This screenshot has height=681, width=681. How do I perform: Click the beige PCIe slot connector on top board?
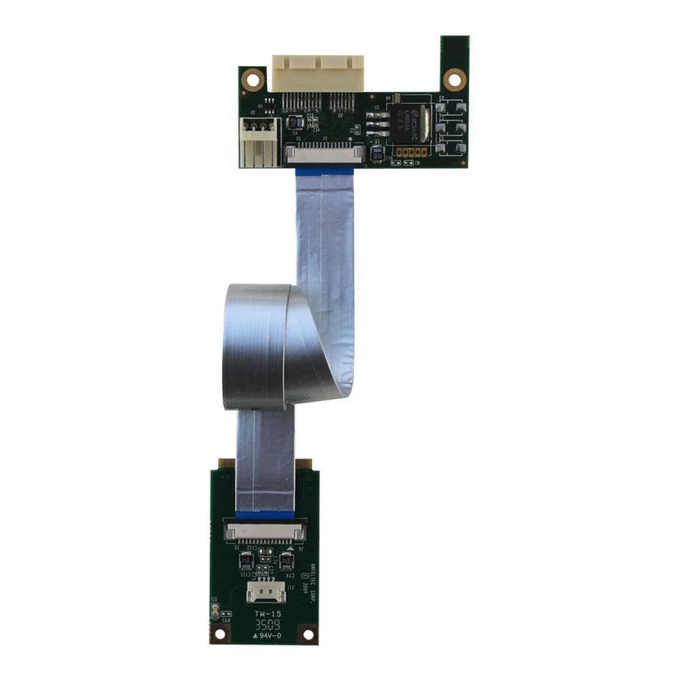[317, 73]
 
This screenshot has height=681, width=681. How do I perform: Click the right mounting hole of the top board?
[454, 79]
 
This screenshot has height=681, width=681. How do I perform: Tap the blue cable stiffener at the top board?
[324, 171]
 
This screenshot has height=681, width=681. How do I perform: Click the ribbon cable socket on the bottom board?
[265, 530]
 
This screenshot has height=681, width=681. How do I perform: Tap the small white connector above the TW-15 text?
[266, 593]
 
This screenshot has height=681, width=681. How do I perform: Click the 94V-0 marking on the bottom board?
[267, 636]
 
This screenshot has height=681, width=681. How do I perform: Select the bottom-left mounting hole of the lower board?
[219, 634]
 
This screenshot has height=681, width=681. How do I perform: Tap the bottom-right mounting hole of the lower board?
[307, 634]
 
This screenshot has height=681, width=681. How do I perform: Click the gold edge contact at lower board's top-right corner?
[304, 464]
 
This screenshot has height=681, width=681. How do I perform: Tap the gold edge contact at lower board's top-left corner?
[222, 464]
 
